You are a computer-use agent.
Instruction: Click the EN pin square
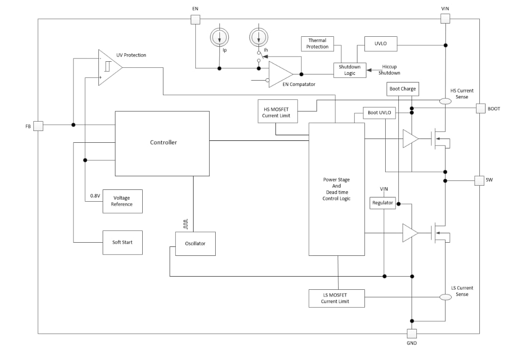click(x=195, y=19)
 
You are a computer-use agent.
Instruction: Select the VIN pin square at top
click(x=445, y=19)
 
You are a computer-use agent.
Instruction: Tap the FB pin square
click(x=38, y=126)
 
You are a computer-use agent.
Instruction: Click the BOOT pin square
click(x=480, y=109)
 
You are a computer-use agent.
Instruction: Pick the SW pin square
click(x=479, y=180)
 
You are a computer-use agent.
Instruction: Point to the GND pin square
click(x=412, y=334)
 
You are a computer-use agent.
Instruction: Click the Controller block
click(x=162, y=143)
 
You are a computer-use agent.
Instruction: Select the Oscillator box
click(x=195, y=244)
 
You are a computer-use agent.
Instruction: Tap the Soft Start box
click(x=122, y=242)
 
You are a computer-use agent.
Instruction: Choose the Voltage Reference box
click(x=122, y=201)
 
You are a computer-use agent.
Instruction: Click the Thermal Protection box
click(x=317, y=44)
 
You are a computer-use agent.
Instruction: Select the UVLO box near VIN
click(x=380, y=44)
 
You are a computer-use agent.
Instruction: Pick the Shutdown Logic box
click(x=349, y=70)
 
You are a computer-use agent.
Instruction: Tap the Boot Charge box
click(x=402, y=89)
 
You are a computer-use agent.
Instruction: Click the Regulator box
click(x=382, y=203)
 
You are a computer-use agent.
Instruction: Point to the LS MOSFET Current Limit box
click(x=336, y=298)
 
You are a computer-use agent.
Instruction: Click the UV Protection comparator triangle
click(x=108, y=67)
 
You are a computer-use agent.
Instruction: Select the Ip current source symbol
click(x=219, y=37)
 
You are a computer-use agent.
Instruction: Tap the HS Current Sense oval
click(x=445, y=101)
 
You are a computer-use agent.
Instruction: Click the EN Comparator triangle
click(x=279, y=74)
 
